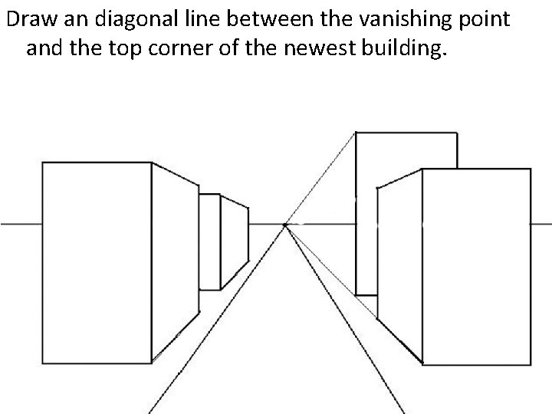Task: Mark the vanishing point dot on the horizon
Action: [285, 225]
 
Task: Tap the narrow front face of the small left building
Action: [209, 242]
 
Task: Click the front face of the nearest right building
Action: [475, 267]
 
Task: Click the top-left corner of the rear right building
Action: [356, 133]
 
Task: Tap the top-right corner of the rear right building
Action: [457, 133]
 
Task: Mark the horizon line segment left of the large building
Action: [21, 224]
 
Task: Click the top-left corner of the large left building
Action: [42, 163]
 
